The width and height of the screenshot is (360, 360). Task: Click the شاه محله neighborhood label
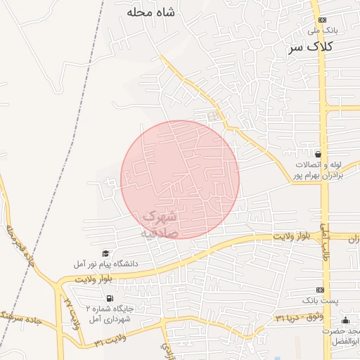click(151, 12)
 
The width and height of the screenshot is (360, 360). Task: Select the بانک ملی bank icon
click(322, 20)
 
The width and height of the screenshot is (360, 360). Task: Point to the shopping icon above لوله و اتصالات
click(319, 154)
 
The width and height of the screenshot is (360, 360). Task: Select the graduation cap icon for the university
click(105, 253)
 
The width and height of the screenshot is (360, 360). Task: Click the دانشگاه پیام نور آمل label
click(105, 264)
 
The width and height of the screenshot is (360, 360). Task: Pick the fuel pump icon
click(78, 297)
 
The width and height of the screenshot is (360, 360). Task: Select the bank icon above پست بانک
click(321, 290)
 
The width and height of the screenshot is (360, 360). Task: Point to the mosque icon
click(344, 321)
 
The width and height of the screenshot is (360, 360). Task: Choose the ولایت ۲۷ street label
click(69, 310)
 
